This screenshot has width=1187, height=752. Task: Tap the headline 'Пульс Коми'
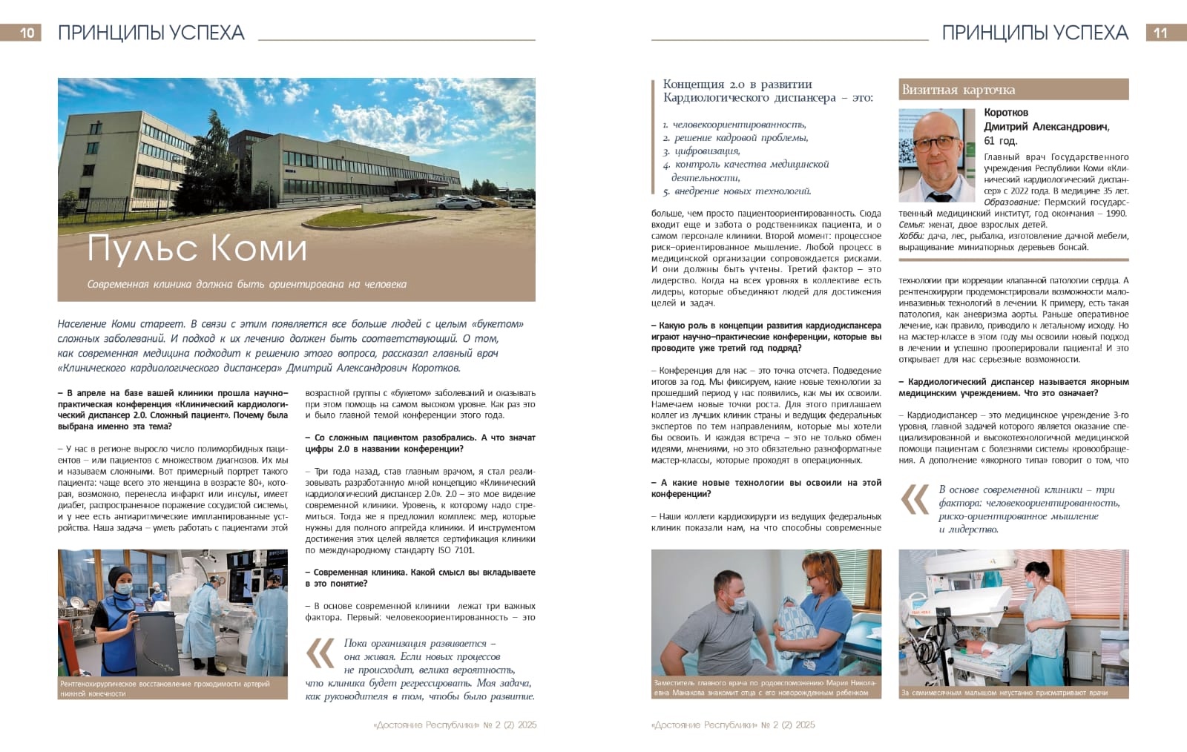[197, 248]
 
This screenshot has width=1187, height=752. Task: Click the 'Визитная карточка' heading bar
[1013, 90]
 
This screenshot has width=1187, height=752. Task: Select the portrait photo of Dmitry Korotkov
[936, 155]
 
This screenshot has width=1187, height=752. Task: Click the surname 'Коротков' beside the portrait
[1006, 113]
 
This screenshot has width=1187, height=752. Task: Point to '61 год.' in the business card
[1000, 141]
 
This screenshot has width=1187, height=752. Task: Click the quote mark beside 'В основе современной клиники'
[914, 501]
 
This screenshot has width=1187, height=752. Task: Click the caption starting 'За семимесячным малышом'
[1004, 693]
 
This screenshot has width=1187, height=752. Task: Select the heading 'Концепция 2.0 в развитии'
[737, 85]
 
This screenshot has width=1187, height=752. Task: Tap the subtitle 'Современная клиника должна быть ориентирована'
[246, 284]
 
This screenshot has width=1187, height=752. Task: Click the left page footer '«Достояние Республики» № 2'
[454, 725]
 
